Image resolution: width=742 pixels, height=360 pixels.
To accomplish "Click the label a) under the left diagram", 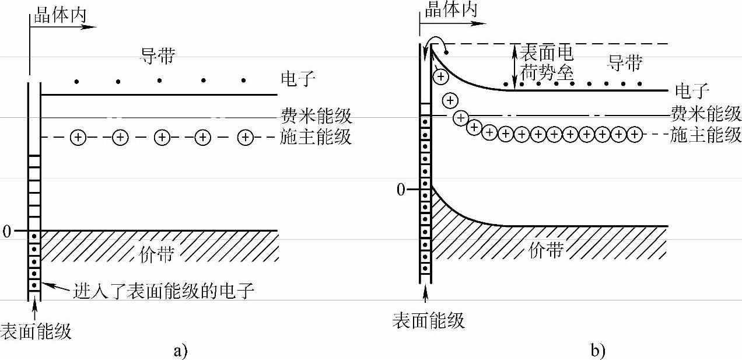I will coord(180,351).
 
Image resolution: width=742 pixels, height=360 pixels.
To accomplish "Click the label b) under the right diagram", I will coord(598,351).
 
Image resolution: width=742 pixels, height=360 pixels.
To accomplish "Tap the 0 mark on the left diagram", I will coord(6,232).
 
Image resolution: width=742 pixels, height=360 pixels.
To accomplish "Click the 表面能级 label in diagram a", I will coord(36,331).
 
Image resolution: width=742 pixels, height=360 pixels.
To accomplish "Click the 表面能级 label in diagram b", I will coord(429,320).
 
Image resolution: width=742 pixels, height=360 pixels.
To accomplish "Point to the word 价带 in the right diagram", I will coord(546,250).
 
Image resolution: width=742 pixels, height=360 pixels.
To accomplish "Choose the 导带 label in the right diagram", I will coord(625,61).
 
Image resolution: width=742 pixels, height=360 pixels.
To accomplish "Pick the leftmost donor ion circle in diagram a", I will coord(78,138).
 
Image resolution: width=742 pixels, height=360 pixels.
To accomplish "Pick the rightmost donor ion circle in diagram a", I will coord(246,138).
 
